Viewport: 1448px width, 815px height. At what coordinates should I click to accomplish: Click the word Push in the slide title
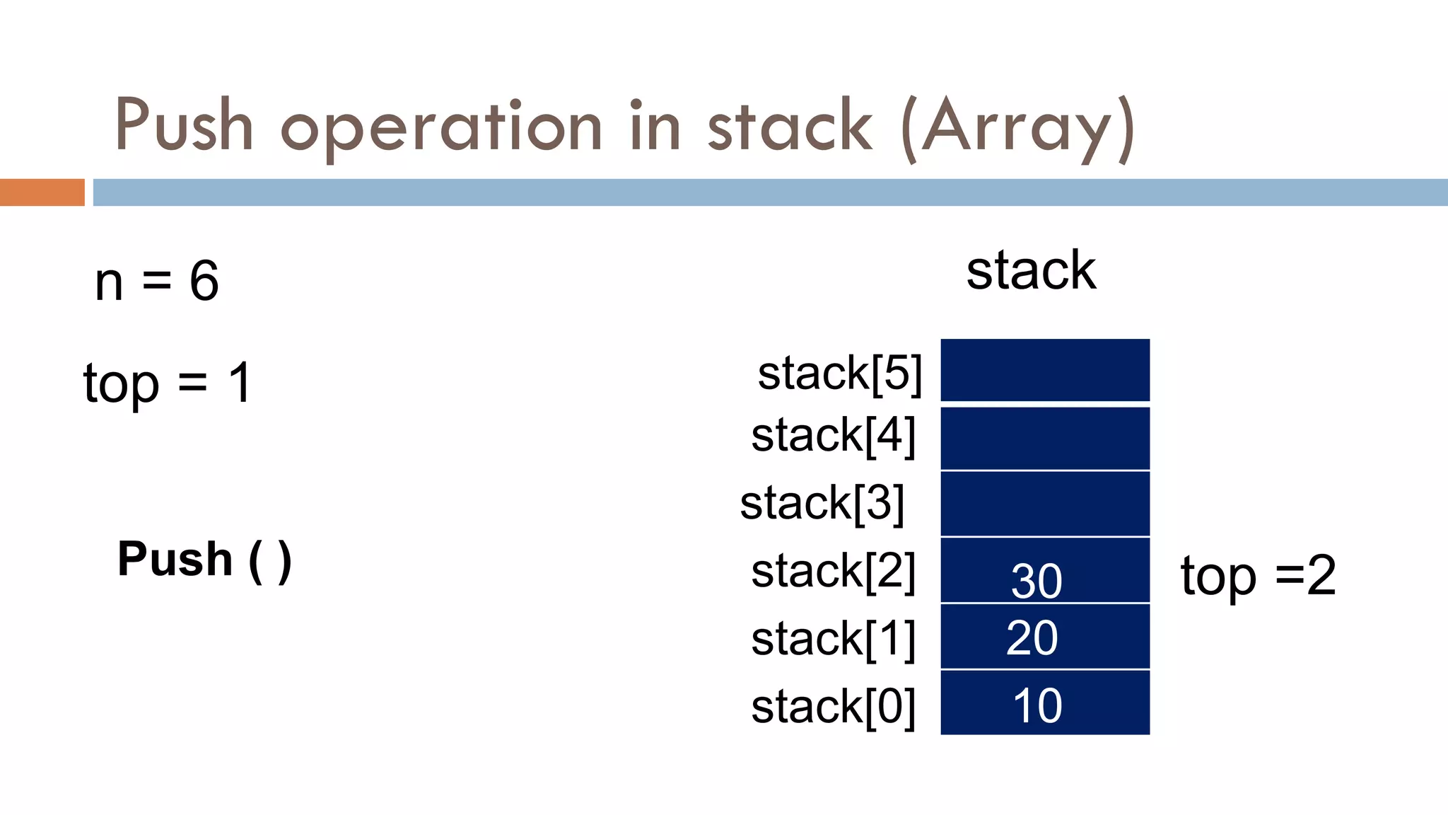point(184,126)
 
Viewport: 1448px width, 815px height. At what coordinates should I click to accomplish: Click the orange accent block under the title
point(42,192)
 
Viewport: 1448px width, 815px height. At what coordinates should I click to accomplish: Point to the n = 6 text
point(157,281)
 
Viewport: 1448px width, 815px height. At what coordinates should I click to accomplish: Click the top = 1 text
point(168,383)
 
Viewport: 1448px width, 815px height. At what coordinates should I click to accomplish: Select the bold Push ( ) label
point(204,560)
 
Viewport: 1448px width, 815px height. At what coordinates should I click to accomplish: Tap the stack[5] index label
point(839,373)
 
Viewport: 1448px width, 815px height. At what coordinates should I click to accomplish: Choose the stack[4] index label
point(833,435)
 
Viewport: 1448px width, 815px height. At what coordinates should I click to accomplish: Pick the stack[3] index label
point(822,503)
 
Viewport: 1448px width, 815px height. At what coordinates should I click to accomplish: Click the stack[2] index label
point(833,571)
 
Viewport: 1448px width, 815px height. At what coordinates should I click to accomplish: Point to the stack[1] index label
point(833,639)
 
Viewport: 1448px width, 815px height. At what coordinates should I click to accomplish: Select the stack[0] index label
point(833,706)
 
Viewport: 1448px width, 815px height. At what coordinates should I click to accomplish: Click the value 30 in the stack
point(1037,582)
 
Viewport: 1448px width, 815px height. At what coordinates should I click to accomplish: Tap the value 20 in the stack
point(1032,638)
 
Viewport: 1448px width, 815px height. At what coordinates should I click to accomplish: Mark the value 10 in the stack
point(1037,705)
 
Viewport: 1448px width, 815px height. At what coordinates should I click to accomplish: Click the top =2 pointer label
point(1259,575)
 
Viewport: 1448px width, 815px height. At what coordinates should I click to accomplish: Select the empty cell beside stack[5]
point(1045,370)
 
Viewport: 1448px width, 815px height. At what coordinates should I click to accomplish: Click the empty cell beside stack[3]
point(1045,503)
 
